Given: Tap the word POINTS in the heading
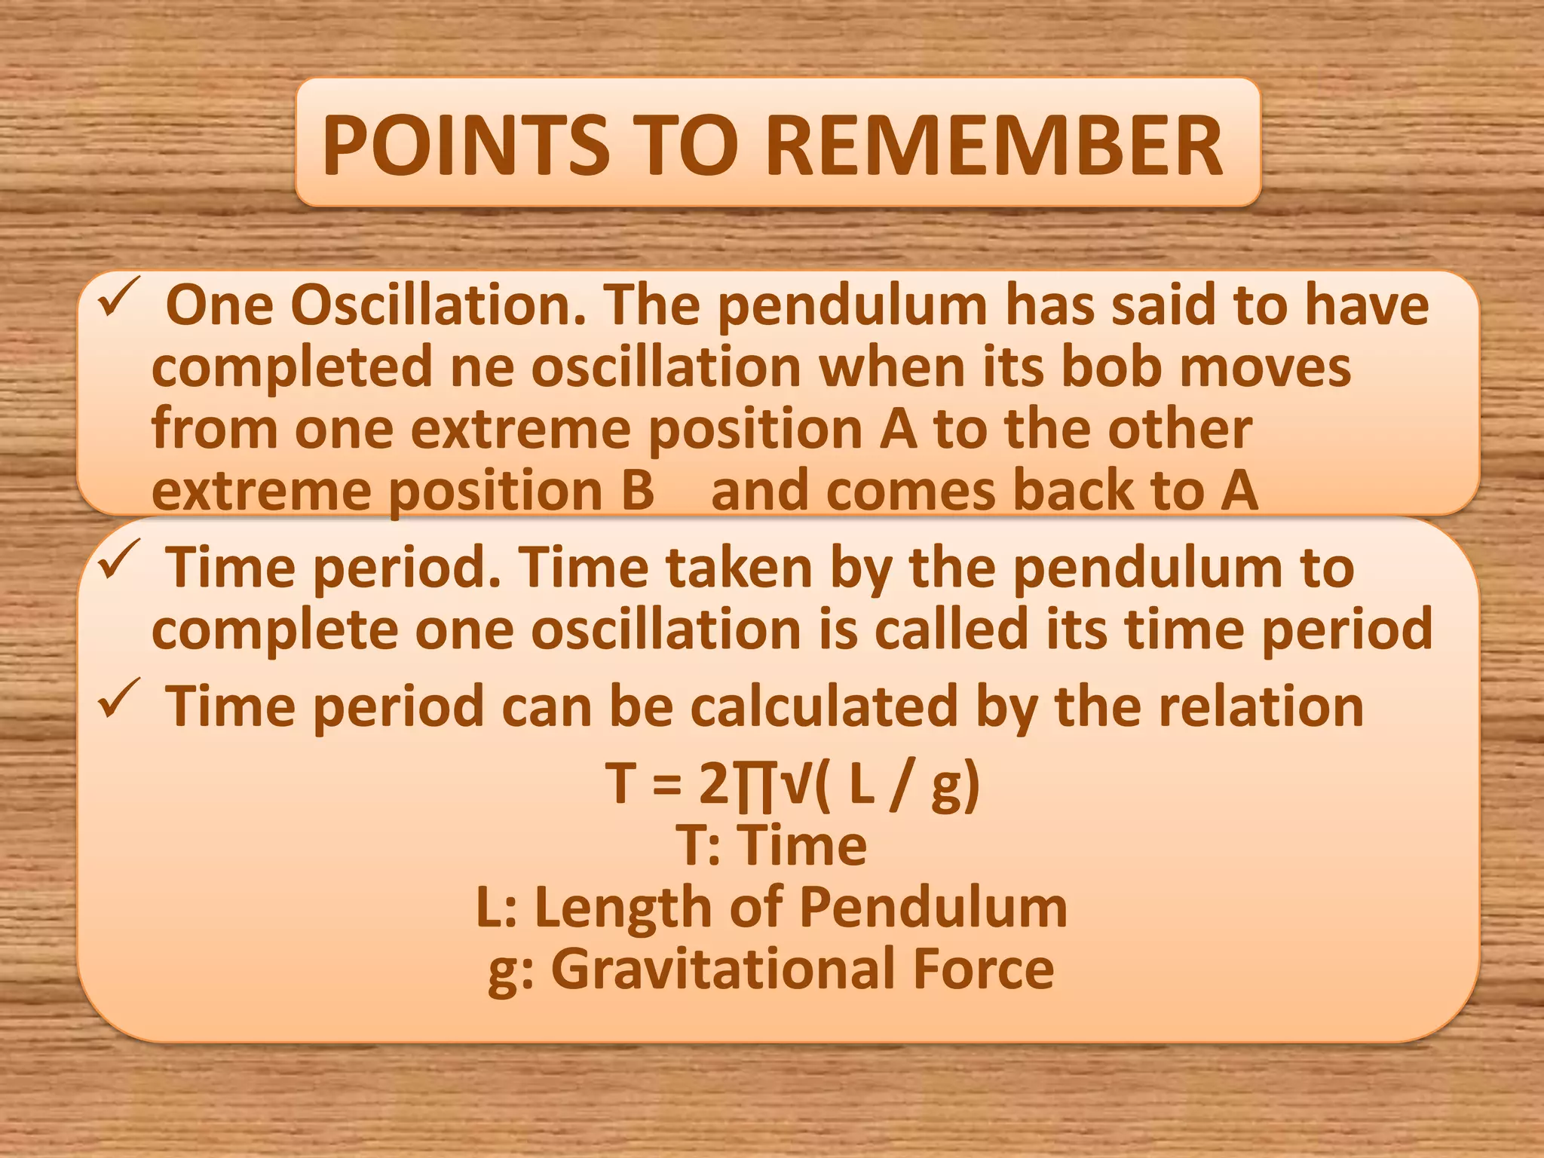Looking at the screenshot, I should (465, 146).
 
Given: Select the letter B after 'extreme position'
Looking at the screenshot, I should (637, 491).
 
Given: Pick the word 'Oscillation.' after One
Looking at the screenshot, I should (438, 305).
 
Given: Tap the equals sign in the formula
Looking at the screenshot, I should (666, 785).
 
